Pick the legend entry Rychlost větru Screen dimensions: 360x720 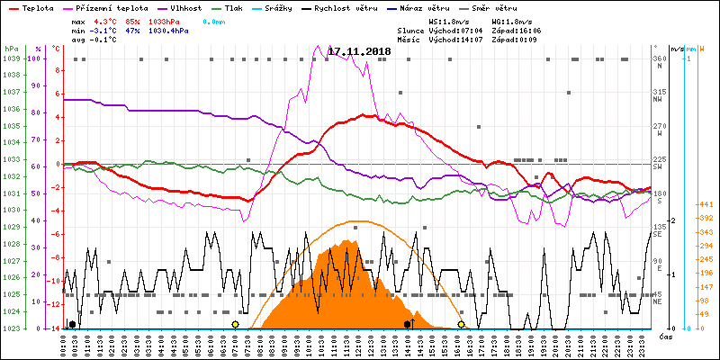[375, 6]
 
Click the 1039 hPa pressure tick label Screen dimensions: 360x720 [11, 59]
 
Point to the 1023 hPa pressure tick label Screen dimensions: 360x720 [11, 328]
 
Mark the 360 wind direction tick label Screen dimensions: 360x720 [660, 58]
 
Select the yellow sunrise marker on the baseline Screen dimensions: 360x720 [235, 324]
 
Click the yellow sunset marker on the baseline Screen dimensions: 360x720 [462, 324]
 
